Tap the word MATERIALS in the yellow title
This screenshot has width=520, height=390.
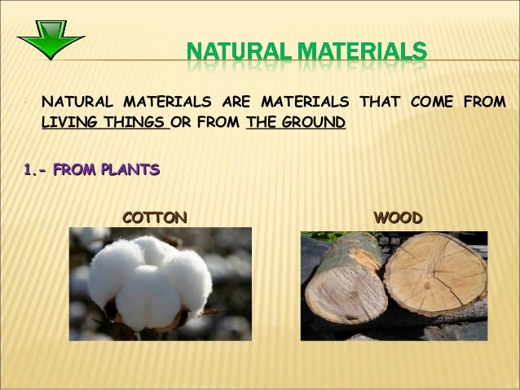[367, 56]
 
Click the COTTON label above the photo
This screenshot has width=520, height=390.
[155, 217]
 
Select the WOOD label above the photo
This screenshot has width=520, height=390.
[397, 217]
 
